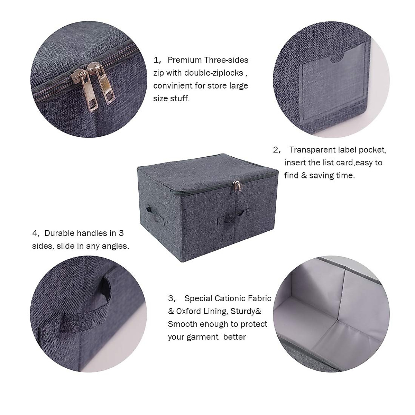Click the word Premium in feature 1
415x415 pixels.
[x=185, y=60]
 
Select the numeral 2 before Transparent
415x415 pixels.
[x=276, y=150]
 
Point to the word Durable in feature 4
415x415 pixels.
[x=58, y=233]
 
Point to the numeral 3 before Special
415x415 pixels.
[x=170, y=298]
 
